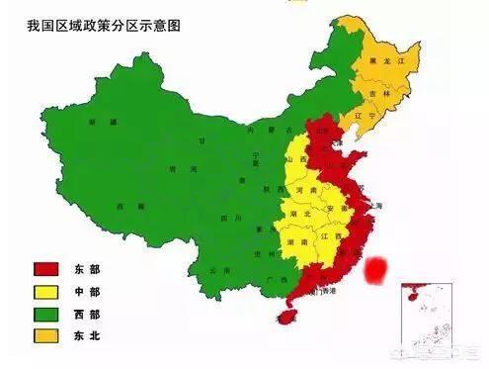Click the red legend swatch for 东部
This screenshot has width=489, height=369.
click(42, 269)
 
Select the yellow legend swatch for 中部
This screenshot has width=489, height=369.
click(42, 291)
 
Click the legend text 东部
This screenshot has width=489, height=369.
click(92, 269)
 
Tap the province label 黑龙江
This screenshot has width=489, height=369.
click(393, 60)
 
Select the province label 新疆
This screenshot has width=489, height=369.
click(94, 123)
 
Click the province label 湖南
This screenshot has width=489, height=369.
click(293, 240)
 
